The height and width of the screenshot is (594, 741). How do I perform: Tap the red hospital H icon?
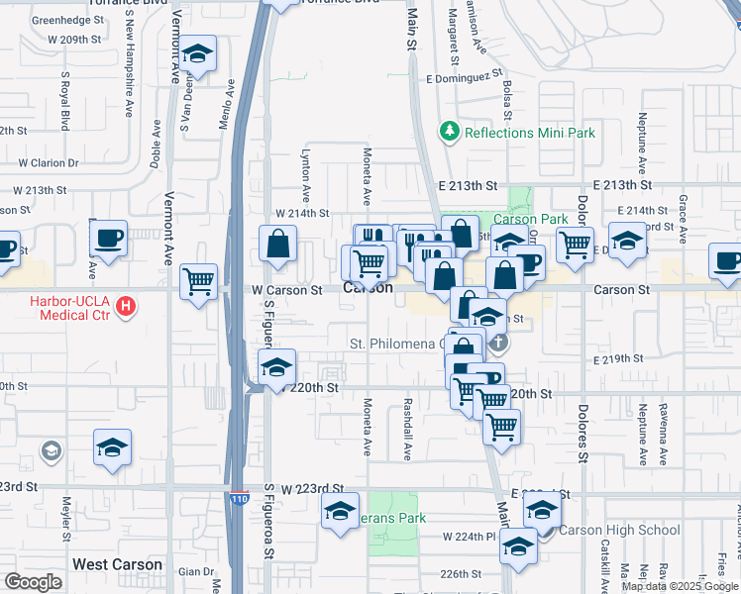click(x=126, y=306)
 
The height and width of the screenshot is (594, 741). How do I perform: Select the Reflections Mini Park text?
click(x=528, y=132)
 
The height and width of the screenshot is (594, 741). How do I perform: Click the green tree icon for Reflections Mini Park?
click(x=450, y=132)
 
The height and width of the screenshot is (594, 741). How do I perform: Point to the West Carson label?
click(x=117, y=564)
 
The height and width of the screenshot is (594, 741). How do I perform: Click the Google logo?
click(x=33, y=582)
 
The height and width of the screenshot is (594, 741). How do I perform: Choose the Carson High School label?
click(x=618, y=530)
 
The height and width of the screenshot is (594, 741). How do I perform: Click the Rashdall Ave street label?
click(x=407, y=430)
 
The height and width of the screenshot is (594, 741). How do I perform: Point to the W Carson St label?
click(x=286, y=291)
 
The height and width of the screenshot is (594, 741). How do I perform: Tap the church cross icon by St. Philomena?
click(x=499, y=344)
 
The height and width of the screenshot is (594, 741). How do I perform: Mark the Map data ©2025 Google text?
click(x=681, y=586)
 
